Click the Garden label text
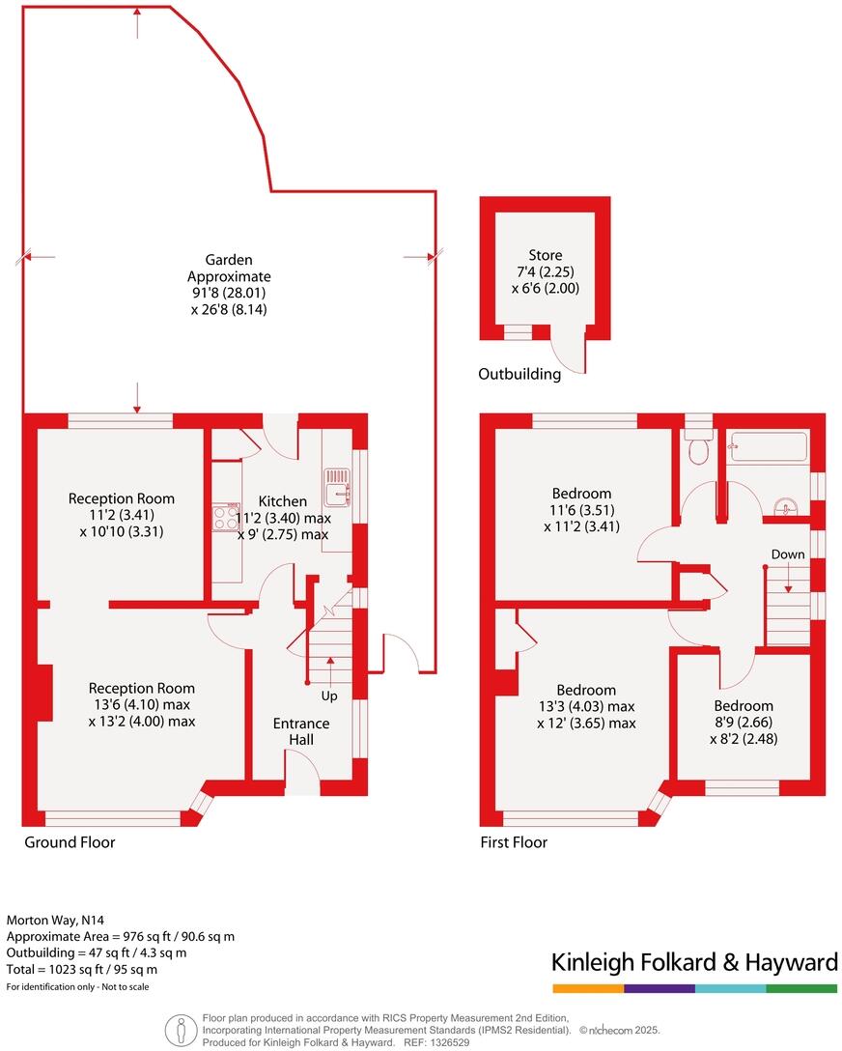click(229, 259)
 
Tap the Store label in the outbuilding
click(545, 255)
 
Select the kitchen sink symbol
click(338, 486)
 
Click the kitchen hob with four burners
click(226, 518)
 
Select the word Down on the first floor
click(787, 554)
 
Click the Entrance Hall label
click(300, 731)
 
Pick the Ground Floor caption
click(70, 842)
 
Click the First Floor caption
click(514, 842)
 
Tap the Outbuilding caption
click(519, 374)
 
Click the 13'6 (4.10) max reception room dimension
click(142, 705)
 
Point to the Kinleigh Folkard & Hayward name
click(693, 962)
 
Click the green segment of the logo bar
click(801, 989)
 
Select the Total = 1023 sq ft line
click(82, 969)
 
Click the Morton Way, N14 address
click(51, 921)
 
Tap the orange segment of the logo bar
click(588, 989)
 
